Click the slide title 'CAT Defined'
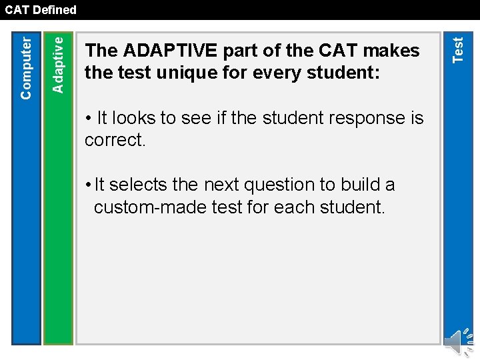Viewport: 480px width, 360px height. point(41,10)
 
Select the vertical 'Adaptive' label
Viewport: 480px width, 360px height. point(58,65)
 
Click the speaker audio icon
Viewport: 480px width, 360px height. point(457,342)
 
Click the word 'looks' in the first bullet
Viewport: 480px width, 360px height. point(135,119)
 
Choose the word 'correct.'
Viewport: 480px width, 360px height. point(115,140)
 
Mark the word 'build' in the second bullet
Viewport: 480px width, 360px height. point(358,185)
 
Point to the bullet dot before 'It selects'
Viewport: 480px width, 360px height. point(88,185)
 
